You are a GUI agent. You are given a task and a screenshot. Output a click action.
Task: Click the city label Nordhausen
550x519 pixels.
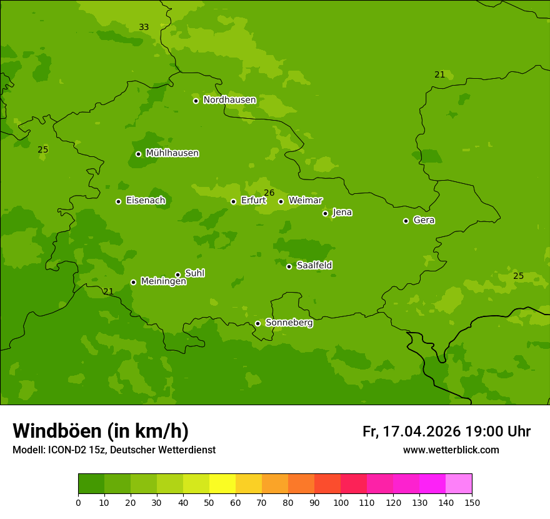pyautogui.click(x=229, y=100)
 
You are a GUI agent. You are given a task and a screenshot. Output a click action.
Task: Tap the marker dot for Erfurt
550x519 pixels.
pyautogui.click(x=233, y=201)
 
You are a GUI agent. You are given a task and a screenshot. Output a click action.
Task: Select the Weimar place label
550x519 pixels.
pyautogui.click(x=305, y=201)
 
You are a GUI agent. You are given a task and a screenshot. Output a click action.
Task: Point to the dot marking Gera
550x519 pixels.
pyautogui.click(x=406, y=221)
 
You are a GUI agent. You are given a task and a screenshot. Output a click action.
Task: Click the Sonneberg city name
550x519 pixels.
pyautogui.click(x=289, y=323)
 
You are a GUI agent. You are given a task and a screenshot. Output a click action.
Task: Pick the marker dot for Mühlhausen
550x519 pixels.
pyautogui.click(x=138, y=154)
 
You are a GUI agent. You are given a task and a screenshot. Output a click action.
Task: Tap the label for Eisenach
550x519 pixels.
pyautogui.click(x=146, y=201)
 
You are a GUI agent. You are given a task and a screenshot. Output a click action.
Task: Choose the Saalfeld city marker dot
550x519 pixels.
pyautogui.click(x=289, y=266)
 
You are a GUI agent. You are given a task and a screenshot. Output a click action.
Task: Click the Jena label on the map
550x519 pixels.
pyautogui.click(x=342, y=213)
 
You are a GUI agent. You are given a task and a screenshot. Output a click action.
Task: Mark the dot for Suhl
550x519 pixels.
pyautogui.click(x=177, y=275)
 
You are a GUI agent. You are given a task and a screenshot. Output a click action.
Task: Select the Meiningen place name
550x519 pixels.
pyautogui.click(x=163, y=281)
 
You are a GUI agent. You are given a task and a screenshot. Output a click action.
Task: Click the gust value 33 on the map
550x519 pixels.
pyautogui.click(x=144, y=27)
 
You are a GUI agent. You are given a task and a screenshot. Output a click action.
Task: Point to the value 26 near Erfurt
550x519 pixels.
pyautogui.click(x=269, y=193)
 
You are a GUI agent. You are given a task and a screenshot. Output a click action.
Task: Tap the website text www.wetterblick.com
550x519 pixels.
pyautogui.click(x=451, y=450)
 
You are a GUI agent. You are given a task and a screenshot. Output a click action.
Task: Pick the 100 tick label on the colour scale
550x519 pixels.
pyautogui.click(x=341, y=502)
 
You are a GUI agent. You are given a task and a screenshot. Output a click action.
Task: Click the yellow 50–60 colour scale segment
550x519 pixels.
pyautogui.click(x=222, y=484)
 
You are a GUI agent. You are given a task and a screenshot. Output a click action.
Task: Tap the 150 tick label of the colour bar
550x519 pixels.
pyautogui.click(x=472, y=502)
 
